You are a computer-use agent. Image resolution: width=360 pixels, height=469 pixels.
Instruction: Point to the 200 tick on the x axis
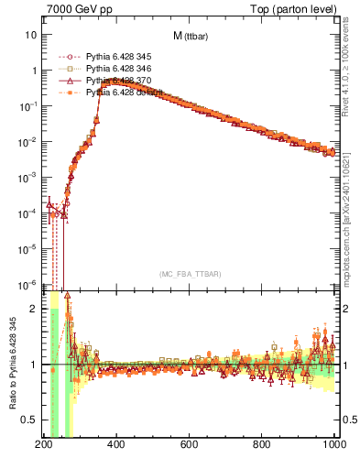43,445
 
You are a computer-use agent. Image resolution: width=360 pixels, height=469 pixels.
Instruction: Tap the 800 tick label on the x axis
263,445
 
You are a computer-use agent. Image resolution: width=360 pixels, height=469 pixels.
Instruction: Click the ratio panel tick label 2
32,309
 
